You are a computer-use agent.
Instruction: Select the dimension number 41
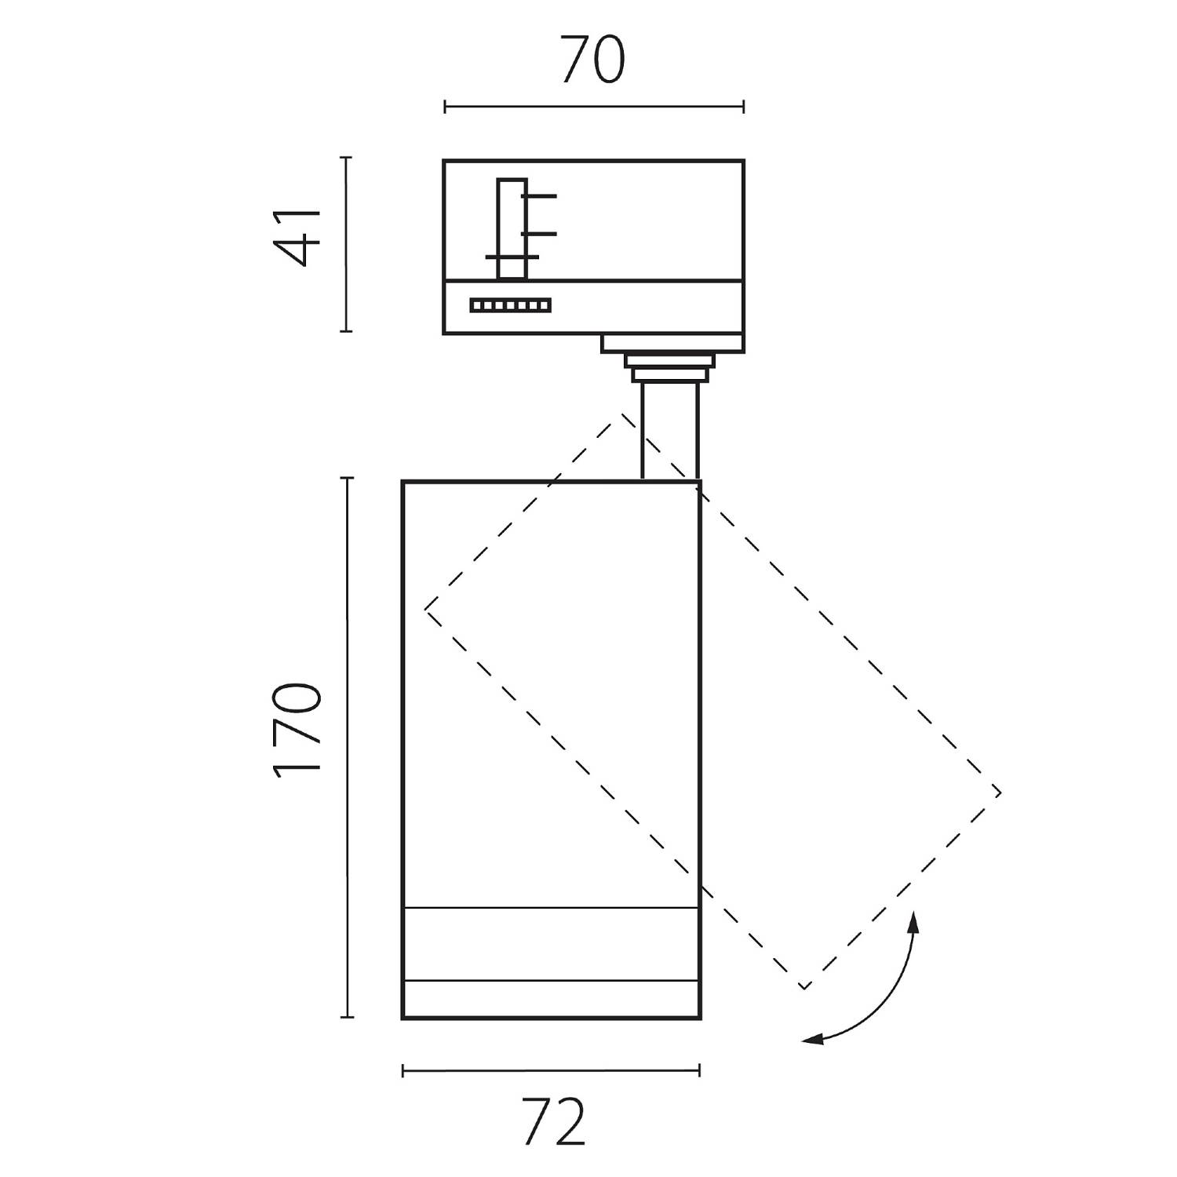[x=297, y=238]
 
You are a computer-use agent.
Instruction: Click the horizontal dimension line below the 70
[x=593, y=107]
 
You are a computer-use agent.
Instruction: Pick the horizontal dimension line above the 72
[x=551, y=1070]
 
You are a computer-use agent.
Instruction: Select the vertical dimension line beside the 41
[x=346, y=244]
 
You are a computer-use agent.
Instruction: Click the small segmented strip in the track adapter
[x=511, y=305]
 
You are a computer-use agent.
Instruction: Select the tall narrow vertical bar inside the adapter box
[x=511, y=228]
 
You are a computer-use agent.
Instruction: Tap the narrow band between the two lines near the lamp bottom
[x=551, y=944]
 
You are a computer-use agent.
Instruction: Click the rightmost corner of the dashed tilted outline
[x=1000, y=793]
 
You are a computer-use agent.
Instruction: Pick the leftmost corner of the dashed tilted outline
[x=426, y=609]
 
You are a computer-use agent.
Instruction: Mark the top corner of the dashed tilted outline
[x=624, y=414]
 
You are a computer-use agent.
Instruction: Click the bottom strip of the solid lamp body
[x=551, y=1000]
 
